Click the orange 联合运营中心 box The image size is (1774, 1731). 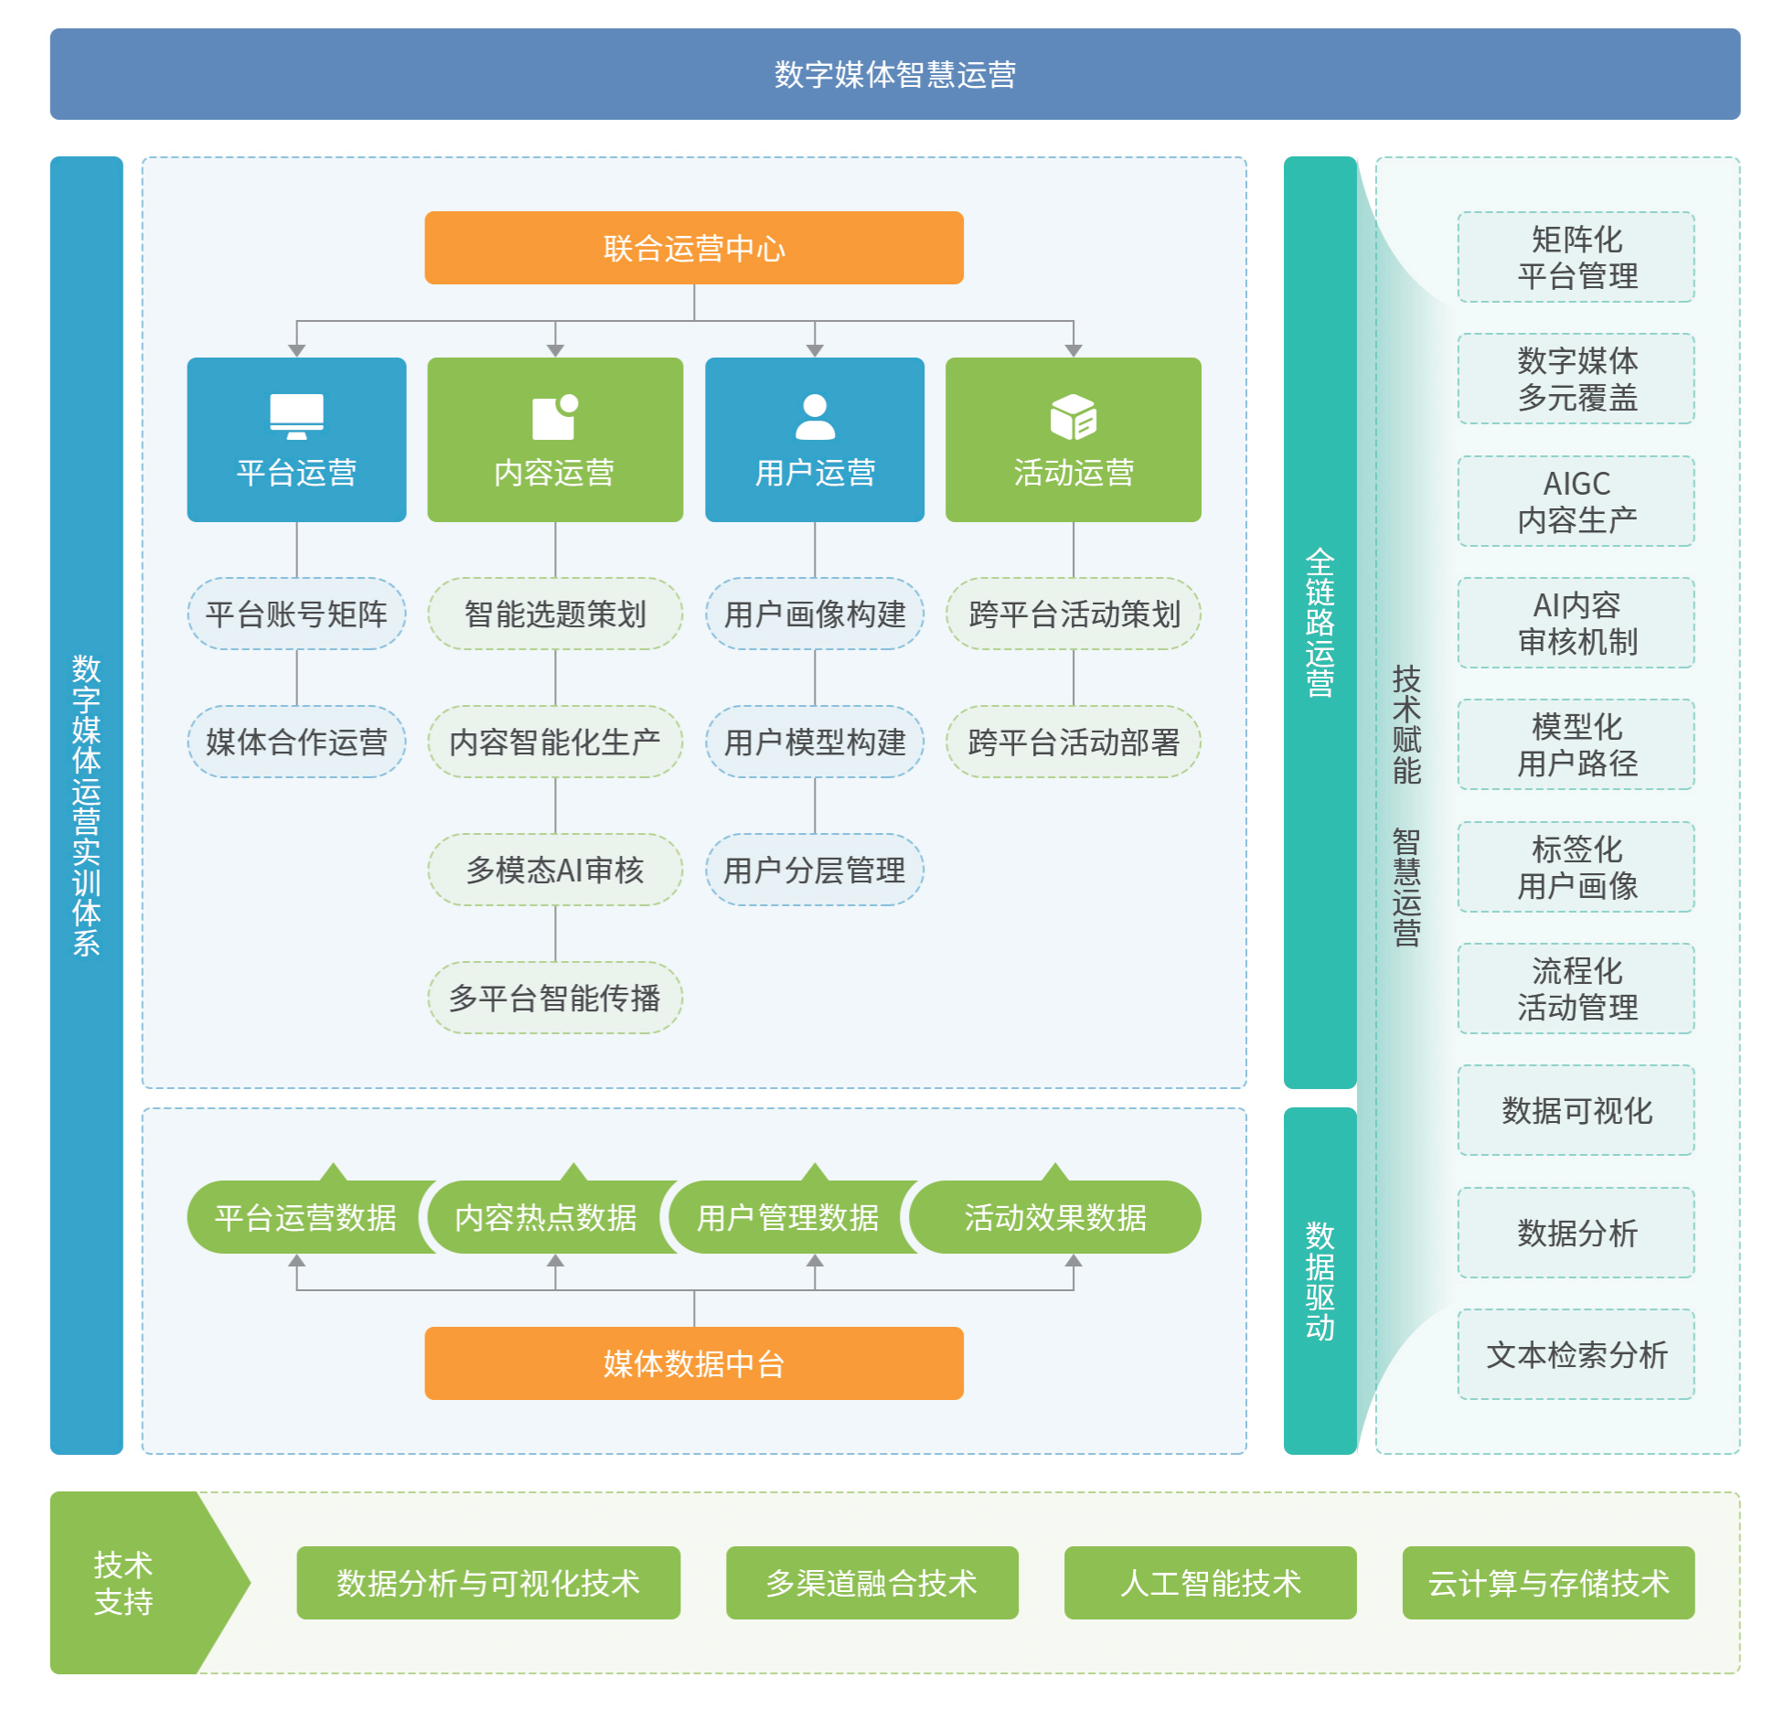(693, 248)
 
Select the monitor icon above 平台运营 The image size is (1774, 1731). (296, 417)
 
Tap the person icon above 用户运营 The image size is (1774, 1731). (814, 417)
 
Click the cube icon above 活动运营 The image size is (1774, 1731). (1073, 417)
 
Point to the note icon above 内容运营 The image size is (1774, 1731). (554, 417)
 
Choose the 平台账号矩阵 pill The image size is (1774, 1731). (296, 614)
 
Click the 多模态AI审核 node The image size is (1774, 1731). (555, 870)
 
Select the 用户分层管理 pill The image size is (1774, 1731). (814, 870)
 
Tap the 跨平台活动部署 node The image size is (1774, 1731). (1073, 742)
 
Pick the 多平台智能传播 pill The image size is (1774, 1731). (555, 998)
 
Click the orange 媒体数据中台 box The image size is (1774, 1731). (693, 1363)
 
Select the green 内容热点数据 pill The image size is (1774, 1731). (546, 1217)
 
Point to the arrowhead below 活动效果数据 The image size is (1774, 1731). (1073, 1261)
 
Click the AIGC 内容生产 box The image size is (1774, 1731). (1576, 501)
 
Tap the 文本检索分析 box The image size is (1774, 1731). (1576, 1354)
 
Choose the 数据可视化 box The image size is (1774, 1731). (1576, 1110)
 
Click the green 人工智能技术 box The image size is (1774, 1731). (1210, 1583)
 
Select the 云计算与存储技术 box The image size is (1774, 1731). (1547, 1583)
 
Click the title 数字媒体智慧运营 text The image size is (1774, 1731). (894, 74)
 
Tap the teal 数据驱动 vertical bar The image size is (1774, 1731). (1320, 1280)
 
